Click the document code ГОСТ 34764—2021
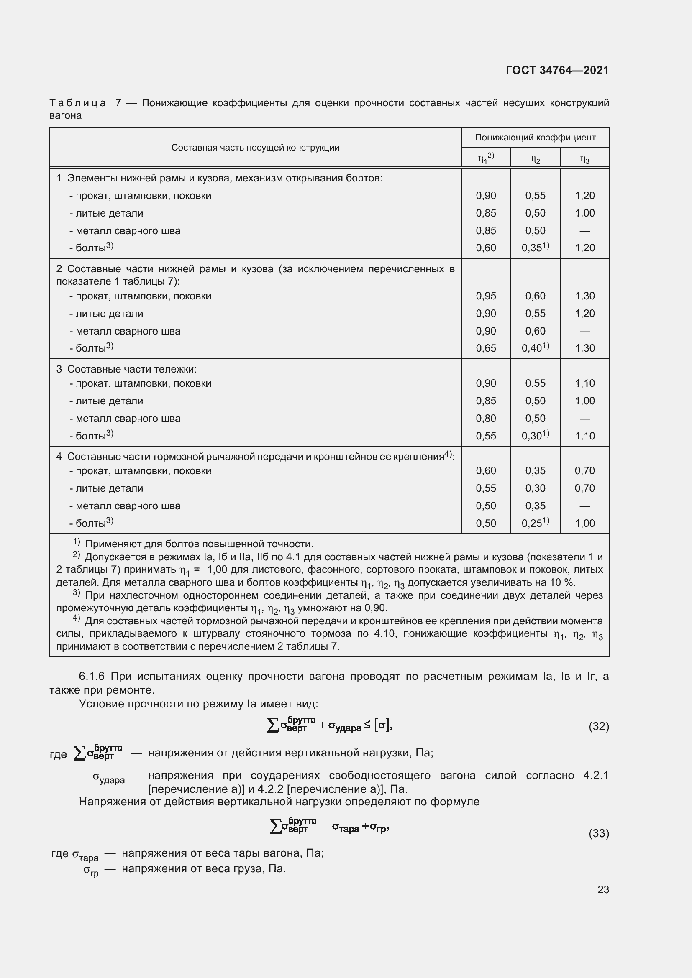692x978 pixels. click(x=557, y=70)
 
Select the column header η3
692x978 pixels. click(x=584, y=159)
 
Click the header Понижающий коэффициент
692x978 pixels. click(x=535, y=138)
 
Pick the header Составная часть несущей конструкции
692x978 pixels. click(x=255, y=148)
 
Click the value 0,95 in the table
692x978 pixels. click(x=486, y=296)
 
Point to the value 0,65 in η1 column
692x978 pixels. click(x=486, y=348)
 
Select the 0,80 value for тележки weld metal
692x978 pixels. click(x=486, y=419)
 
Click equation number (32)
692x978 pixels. click(x=599, y=726)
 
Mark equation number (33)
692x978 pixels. click(x=599, y=833)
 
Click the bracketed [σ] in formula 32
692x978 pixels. click(x=382, y=725)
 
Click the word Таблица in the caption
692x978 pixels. click(x=77, y=103)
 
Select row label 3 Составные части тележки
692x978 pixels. click(x=126, y=369)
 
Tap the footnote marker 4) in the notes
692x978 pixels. click(x=76, y=618)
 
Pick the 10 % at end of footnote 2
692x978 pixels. click(x=565, y=583)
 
